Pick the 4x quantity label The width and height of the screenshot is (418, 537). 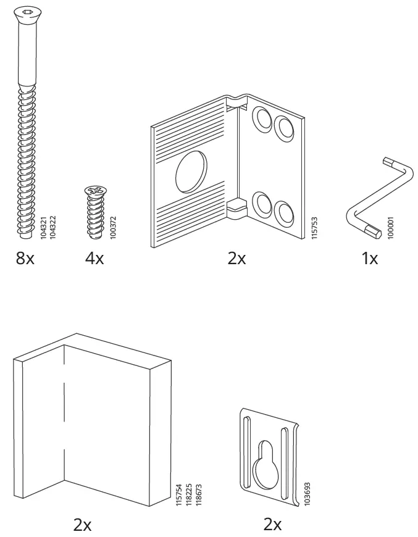(x=94, y=258)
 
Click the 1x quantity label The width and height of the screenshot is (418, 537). (x=369, y=258)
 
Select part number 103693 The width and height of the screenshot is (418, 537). (x=307, y=485)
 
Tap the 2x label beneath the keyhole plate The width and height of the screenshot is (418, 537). (x=272, y=525)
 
